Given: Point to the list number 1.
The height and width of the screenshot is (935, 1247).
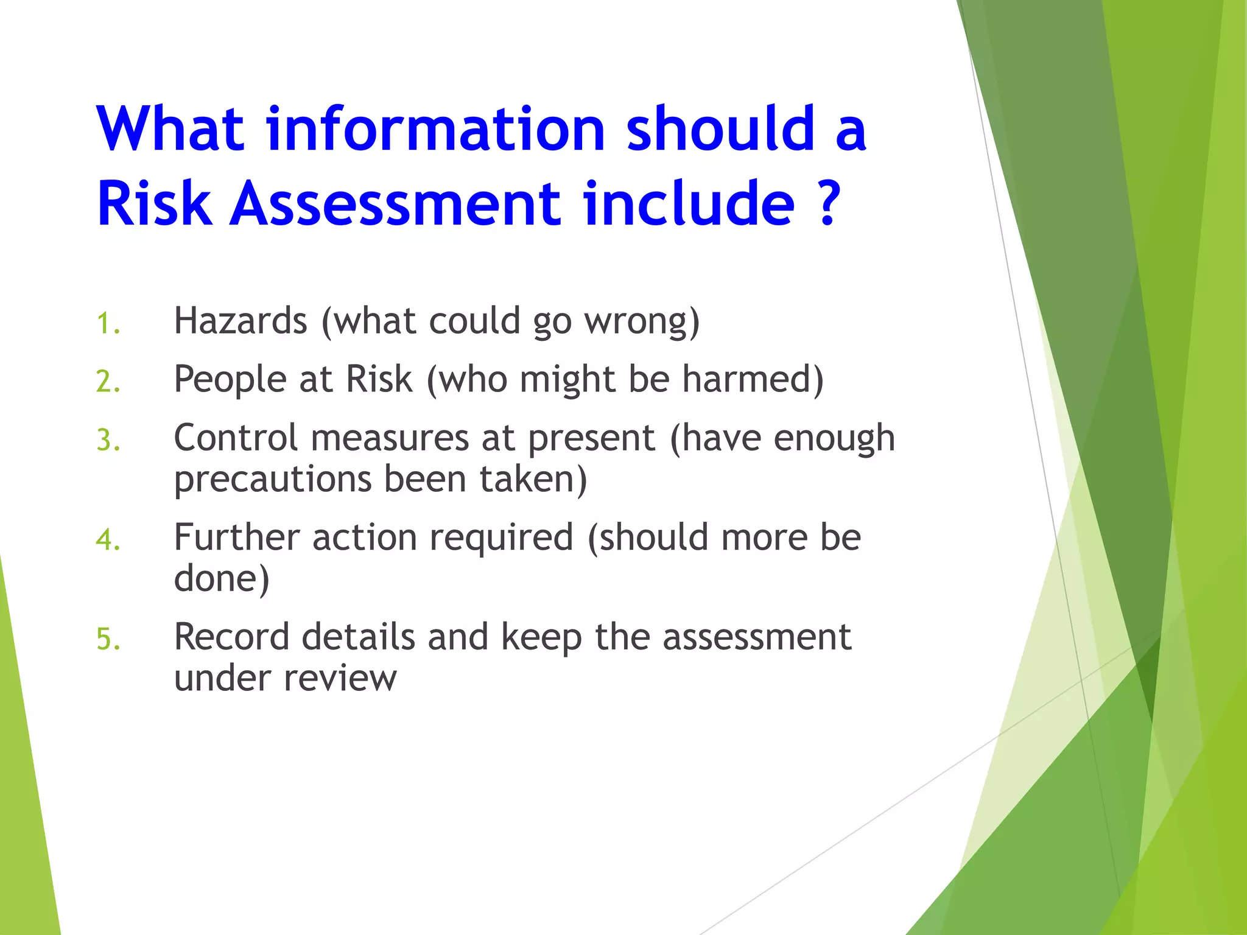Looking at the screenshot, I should [x=108, y=323].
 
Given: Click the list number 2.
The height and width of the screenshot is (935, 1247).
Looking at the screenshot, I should [x=108, y=382].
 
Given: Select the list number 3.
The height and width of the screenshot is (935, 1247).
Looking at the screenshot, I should [x=108, y=440].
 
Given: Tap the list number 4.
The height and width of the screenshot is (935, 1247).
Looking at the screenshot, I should [x=108, y=540].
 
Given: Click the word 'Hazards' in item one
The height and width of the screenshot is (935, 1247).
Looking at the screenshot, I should [x=241, y=321].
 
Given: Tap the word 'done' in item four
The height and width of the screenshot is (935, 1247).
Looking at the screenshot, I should [x=216, y=578].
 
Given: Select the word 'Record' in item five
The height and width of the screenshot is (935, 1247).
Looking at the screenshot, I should [x=231, y=637].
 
